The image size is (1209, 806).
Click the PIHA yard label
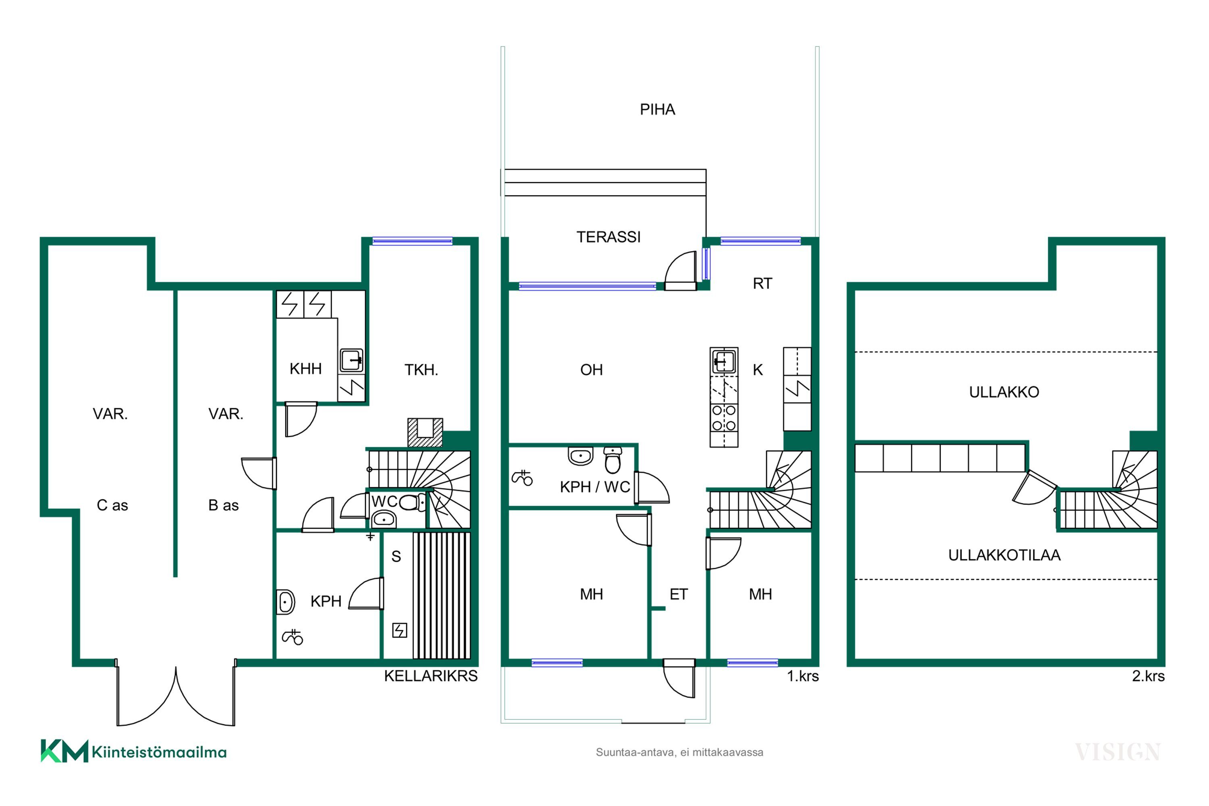[x=657, y=110]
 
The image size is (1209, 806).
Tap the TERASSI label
[x=608, y=237]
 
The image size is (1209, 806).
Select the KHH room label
[x=305, y=369]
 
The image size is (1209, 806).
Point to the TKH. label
[x=421, y=370]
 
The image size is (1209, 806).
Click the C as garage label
[x=112, y=505]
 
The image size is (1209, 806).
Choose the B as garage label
[x=224, y=505]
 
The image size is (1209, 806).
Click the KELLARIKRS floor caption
[x=431, y=676]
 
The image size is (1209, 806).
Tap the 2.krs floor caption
[x=1148, y=676]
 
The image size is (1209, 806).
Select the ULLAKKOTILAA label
[x=1004, y=555]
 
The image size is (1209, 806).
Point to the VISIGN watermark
[x=1118, y=752]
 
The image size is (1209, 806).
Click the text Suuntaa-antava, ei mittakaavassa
[x=679, y=752]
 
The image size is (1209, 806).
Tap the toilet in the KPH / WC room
[x=612, y=459]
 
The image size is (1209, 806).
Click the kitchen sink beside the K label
[x=724, y=361]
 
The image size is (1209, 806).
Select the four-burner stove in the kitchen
[x=724, y=418]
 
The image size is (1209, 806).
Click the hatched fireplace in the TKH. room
[x=425, y=432]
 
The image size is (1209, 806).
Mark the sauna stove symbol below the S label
[x=399, y=630]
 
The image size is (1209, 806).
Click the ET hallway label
[x=679, y=594]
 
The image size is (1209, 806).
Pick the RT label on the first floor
[x=762, y=283]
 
